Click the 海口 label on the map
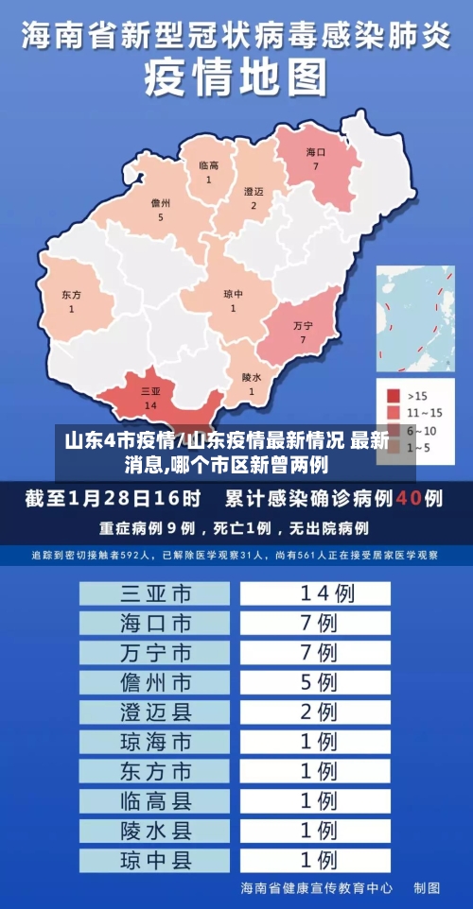[316, 152]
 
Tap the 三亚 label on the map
[150, 390]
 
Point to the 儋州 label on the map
[161, 203]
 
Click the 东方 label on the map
[71, 295]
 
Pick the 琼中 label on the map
[233, 294]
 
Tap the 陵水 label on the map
[251, 377]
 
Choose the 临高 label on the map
[209, 165]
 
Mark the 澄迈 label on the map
[254, 191]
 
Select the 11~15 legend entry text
[424, 412]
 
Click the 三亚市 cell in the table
[155, 593]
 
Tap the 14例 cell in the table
[316, 593]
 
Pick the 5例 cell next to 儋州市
[316, 681]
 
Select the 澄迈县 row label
[155, 711]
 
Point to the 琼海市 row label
[155, 741]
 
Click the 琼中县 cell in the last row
[155, 860]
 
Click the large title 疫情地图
[236, 77]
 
